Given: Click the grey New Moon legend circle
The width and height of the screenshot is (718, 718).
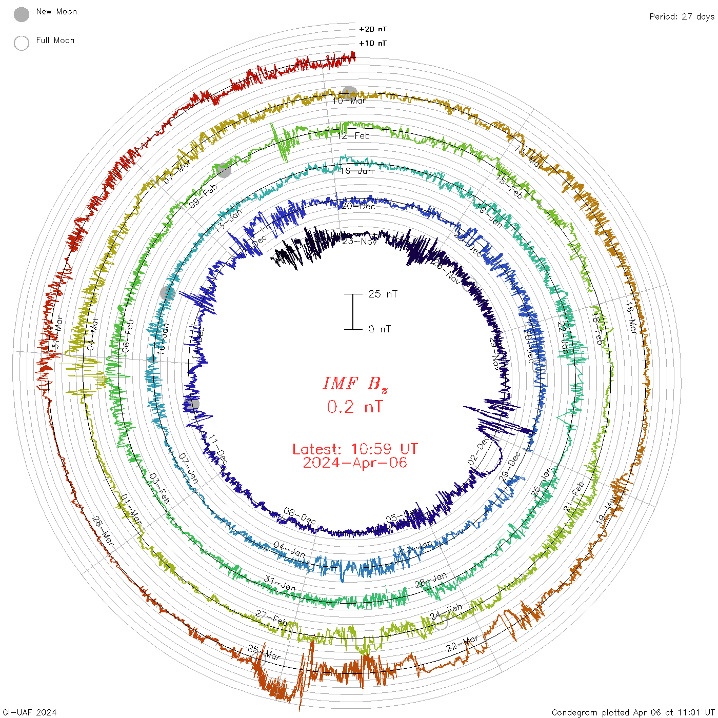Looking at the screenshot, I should click(22, 15).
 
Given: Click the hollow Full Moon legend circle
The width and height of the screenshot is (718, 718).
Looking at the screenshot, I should click(22, 43).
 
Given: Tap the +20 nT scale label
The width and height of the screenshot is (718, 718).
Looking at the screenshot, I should click(373, 29).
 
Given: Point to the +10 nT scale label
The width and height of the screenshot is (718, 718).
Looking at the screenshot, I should click(373, 43).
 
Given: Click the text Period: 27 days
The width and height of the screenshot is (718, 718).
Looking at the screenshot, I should click(682, 16).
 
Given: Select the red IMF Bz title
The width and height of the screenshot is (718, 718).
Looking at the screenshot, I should click(355, 384).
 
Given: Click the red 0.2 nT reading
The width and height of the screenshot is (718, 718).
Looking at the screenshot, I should click(355, 407).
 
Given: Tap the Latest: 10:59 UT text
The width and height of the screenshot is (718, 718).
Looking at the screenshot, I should click(355, 449).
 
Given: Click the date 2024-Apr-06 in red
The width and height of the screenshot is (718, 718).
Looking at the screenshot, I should click(355, 463).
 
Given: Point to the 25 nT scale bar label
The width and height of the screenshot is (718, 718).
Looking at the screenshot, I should click(383, 294).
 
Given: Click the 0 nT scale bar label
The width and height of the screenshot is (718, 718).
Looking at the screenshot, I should click(380, 329).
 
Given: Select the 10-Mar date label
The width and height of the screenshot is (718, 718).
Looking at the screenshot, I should click(349, 101).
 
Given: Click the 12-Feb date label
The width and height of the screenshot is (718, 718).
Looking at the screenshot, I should click(353, 136).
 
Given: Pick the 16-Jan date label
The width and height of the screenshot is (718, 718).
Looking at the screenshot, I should click(356, 171).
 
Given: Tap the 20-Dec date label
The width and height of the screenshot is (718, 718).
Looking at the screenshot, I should click(358, 206).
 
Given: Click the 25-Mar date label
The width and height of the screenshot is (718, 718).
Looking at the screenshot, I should click(264, 653).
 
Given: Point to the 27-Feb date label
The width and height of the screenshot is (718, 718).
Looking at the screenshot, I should click(272, 617).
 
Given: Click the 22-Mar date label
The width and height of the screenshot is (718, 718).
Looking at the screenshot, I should click(462, 643).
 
